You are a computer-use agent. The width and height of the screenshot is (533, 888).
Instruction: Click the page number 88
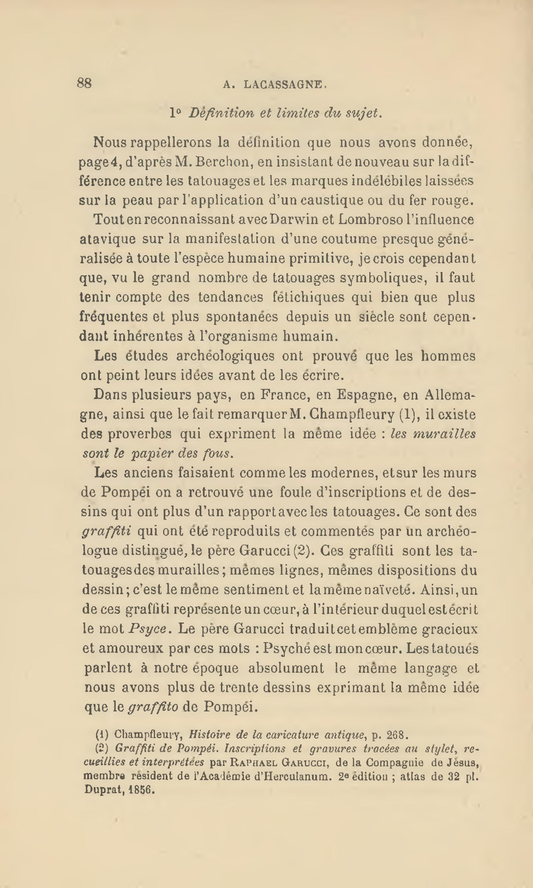[84, 83]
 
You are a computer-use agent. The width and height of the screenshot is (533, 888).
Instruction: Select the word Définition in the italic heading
[221, 113]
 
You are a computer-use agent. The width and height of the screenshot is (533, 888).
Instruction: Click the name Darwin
[293, 219]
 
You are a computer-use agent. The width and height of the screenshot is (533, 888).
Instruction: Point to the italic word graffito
[153, 707]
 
